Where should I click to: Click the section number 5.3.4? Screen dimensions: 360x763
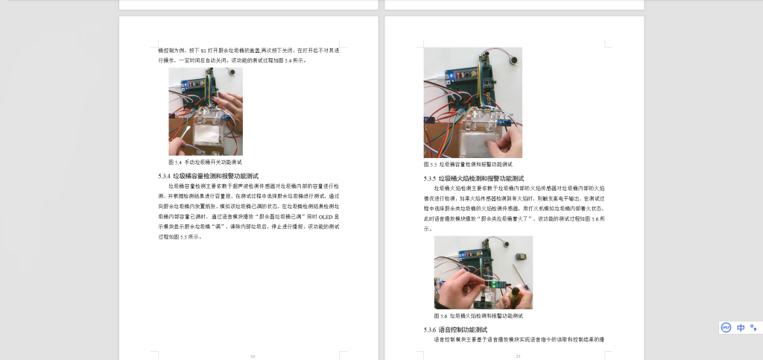(164, 176)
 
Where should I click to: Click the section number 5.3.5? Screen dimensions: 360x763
(429, 179)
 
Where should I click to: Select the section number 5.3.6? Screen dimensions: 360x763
(429, 329)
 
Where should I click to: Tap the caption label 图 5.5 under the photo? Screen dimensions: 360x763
(431, 164)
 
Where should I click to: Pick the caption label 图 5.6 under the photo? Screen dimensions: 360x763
(441, 316)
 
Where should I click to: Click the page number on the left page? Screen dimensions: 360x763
(253, 356)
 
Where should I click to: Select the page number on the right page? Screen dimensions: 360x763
(518, 356)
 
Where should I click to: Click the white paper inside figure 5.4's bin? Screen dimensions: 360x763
(205, 139)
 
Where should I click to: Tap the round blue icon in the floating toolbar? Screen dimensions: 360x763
(726, 327)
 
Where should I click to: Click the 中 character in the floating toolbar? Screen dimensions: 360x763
(741, 327)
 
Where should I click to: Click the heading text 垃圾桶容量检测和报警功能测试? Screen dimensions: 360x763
(215, 176)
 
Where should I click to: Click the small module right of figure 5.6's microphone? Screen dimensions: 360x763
(523, 257)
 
